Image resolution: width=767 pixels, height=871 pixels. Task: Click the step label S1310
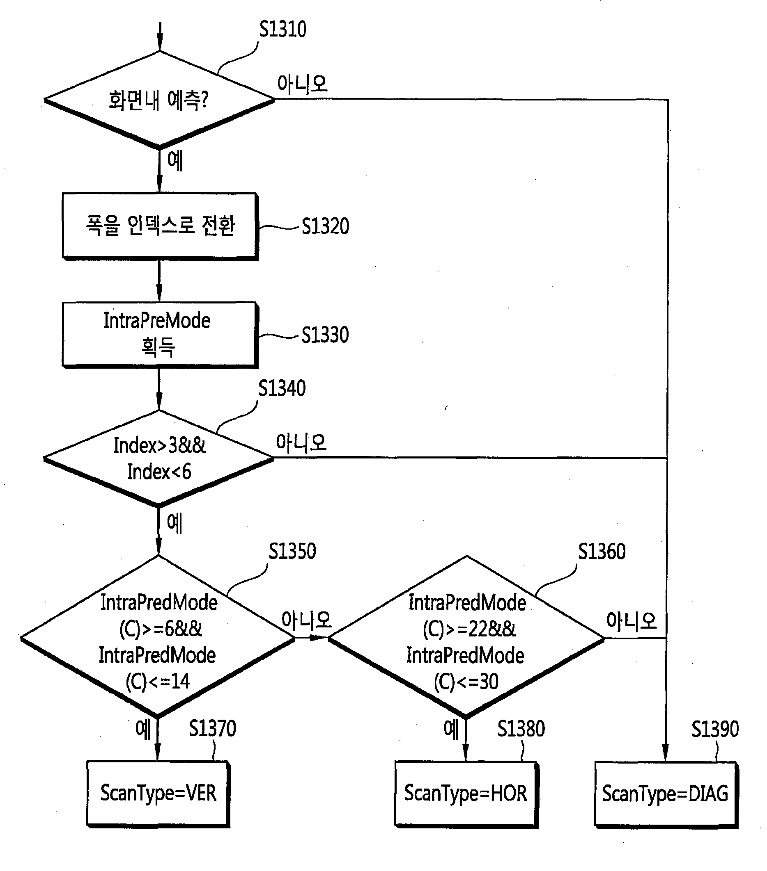(283, 30)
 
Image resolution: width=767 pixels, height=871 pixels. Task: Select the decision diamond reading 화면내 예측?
(160, 100)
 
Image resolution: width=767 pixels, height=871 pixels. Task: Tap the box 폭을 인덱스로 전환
(160, 226)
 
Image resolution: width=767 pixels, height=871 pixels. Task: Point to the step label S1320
(325, 226)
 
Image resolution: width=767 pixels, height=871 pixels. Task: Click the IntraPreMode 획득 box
(160, 335)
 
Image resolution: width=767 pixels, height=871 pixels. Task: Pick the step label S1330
(325, 335)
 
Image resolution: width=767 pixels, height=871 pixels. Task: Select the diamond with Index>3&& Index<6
(158, 458)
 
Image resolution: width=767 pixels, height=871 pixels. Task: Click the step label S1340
(282, 388)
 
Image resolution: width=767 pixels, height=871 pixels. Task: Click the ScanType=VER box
(158, 794)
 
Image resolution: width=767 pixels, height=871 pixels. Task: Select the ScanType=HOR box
(466, 794)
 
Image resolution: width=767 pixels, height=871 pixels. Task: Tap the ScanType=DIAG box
(666, 794)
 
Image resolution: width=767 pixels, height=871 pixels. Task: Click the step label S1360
(602, 552)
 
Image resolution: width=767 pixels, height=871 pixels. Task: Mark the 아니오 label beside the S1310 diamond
(302, 84)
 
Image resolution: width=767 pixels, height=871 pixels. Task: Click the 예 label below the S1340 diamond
(175, 523)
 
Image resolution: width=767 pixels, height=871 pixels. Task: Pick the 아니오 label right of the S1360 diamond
(632, 621)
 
